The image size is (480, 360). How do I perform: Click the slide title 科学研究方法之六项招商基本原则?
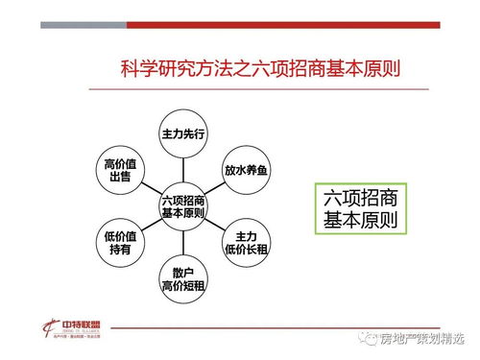tap(259, 68)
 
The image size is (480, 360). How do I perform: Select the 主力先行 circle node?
tap(183, 132)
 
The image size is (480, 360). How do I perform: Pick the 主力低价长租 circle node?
tap(247, 243)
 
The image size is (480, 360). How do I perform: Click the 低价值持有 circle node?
tap(121, 242)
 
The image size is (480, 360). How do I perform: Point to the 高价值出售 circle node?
tap(121, 170)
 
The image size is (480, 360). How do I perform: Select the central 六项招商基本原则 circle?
tap(183, 206)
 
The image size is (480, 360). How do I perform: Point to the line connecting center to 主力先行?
tap(183, 168)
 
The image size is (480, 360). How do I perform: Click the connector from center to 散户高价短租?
tap(183, 244)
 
